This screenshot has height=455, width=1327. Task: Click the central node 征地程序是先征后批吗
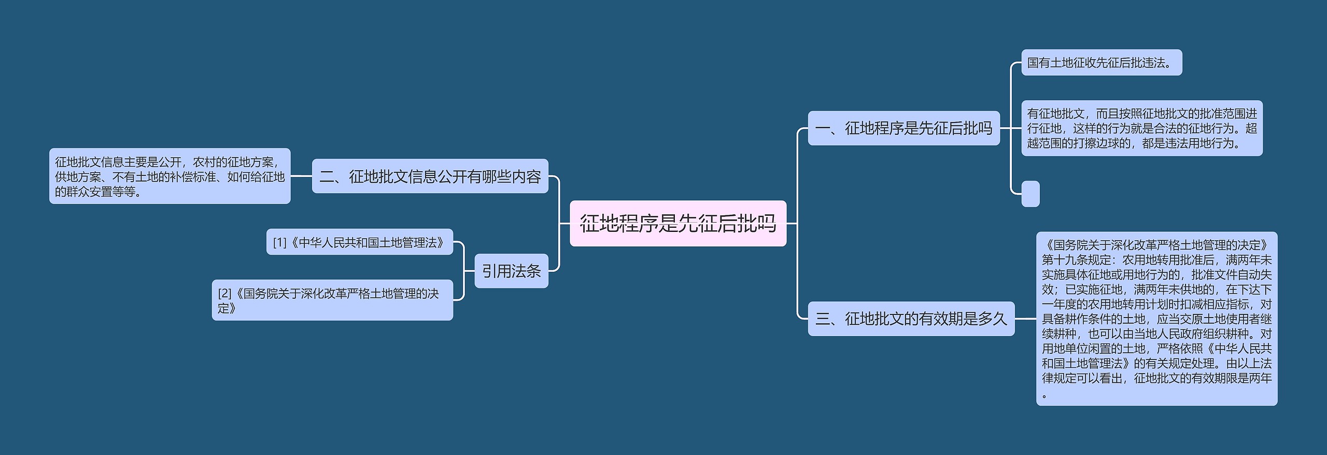[x=677, y=224]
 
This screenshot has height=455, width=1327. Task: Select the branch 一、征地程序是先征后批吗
[x=904, y=128]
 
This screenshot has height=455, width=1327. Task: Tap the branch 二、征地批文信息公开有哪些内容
[x=430, y=176]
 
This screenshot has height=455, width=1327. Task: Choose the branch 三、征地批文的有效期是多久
[x=911, y=319]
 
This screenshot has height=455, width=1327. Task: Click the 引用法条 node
[x=511, y=271]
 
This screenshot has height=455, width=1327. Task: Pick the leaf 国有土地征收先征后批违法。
[x=1101, y=63]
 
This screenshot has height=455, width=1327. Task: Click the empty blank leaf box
[x=1030, y=194]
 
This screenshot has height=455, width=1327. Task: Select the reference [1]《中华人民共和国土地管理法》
[x=359, y=242]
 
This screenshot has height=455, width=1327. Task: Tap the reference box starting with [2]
[x=332, y=300]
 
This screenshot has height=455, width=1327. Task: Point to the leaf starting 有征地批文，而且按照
[x=1141, y=128]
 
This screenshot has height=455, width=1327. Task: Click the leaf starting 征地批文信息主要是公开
[x=170, y=176]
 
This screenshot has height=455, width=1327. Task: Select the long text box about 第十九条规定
[x=1156, y=319]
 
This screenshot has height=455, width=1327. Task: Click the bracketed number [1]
[x=280, y=243]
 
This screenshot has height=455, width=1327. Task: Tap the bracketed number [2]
[x=225, y=294]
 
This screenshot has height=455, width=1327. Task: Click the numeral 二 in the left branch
[x=327, y=177]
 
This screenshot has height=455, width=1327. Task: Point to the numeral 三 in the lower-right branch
[x=823, y=319]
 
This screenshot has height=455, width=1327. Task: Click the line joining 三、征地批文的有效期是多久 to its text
[x=1025, y=319]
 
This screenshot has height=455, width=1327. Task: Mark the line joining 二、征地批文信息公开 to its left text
[x=301, y=176]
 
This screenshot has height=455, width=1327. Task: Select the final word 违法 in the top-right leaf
[x=1158, y=63]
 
